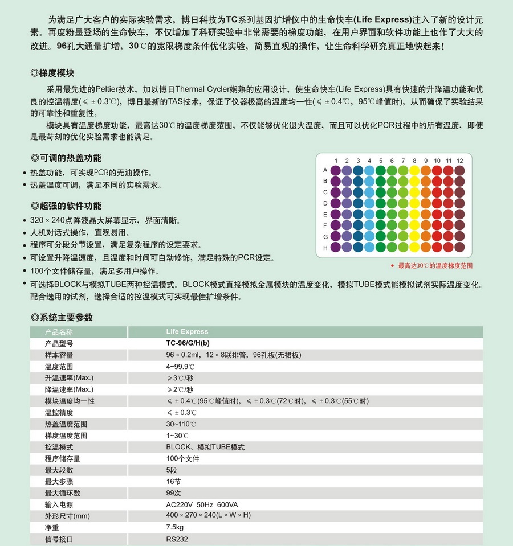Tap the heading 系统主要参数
pos(66,318)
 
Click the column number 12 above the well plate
pos(459,161)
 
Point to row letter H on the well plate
pos(325,248)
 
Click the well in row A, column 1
pos(336,170)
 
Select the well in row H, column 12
pos(459,248)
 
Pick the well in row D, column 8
pos(414,203)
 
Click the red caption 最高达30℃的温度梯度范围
pos(435,266)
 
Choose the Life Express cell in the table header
pos(187,331)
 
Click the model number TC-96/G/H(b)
pos(188,343)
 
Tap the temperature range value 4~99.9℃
pos(181,366)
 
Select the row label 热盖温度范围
pos(66,424)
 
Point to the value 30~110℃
pos(181,424)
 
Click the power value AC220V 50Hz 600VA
pos(202,504)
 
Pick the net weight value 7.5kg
pos(174,528)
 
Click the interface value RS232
pos(177,539)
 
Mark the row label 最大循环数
pos(63,493)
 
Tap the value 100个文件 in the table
pos(182,458)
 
